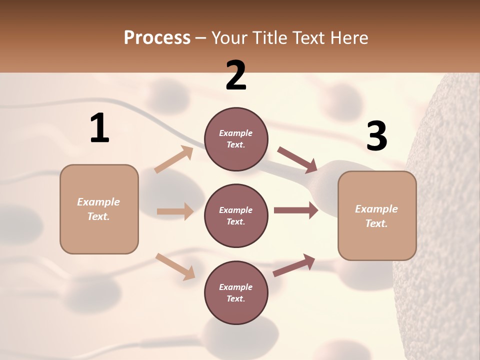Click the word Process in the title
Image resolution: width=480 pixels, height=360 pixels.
tap(157, 37)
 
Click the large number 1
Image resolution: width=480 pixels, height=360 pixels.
tap(99, 128)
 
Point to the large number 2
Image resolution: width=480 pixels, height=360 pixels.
tap(236, 75)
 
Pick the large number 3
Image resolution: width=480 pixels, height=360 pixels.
tap(376, 136)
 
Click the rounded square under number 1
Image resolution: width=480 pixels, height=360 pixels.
tap(99, 209)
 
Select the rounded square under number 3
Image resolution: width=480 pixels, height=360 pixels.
tap(377, 216)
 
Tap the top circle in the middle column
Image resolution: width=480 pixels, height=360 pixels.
tap(236, 139)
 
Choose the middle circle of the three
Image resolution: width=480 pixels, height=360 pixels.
tap(236, 215)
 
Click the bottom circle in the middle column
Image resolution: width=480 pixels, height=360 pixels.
tap(236, 292)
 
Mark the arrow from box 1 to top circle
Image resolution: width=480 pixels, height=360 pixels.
tap(174, 159)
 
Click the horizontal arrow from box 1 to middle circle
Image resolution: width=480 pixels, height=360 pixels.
tap(175, 211)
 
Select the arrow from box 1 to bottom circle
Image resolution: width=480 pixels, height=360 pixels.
tap(175, 266)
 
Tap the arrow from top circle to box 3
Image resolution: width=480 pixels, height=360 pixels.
tap(297, 160)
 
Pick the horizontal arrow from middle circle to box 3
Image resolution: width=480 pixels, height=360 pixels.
tap(296, 210)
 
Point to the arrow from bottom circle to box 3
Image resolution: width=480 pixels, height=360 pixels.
tap(294, 265)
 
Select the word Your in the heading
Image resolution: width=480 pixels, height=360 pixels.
tap(229, 37)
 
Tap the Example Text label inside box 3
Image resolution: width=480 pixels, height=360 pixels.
tap(377, 216)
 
